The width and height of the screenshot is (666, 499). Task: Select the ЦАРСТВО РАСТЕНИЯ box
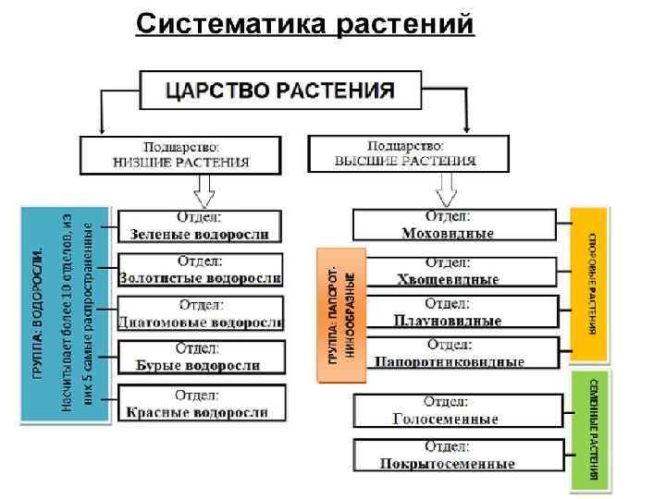point(280,91)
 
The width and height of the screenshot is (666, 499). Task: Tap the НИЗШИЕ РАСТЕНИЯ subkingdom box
point(180,154)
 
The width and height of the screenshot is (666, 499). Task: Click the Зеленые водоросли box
point(201,226)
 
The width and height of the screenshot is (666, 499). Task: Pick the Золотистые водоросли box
point(201,270)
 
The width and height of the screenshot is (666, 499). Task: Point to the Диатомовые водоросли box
point(201,314)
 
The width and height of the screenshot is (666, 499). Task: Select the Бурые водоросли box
point(201,358)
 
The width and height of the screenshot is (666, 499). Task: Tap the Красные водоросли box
point(201,405)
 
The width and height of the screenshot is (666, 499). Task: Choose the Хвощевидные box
point(455,271)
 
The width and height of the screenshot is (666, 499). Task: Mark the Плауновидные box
point(455,313)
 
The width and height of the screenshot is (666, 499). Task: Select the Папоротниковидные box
point(455,354)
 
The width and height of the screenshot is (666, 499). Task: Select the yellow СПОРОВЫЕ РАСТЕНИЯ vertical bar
point(589,284)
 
